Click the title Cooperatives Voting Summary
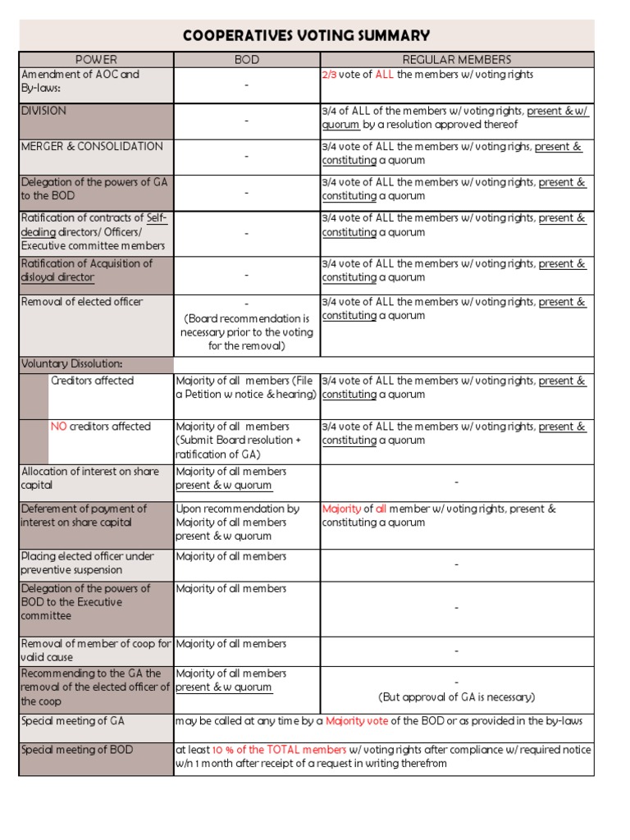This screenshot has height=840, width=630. point(306,35)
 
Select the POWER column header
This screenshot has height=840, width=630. point(96,60)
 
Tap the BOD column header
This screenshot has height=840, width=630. point(246,60)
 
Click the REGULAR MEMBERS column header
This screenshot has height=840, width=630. point(456,60)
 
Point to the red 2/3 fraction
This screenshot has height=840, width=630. point(330,75)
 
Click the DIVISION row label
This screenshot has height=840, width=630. point(44,111)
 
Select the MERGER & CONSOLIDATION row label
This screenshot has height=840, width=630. point(92,147)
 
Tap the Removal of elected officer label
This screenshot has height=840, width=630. point(82,302)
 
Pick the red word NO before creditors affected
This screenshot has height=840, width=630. point(58,427)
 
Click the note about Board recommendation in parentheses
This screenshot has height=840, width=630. point(246,332)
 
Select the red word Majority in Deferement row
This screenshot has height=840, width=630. point(341,509)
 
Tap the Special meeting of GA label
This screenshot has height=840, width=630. point(72,721)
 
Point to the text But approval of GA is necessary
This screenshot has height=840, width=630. point(456,697)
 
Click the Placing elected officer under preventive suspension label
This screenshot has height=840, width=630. point(87,564)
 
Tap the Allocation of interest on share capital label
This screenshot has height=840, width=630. point(89,478)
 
